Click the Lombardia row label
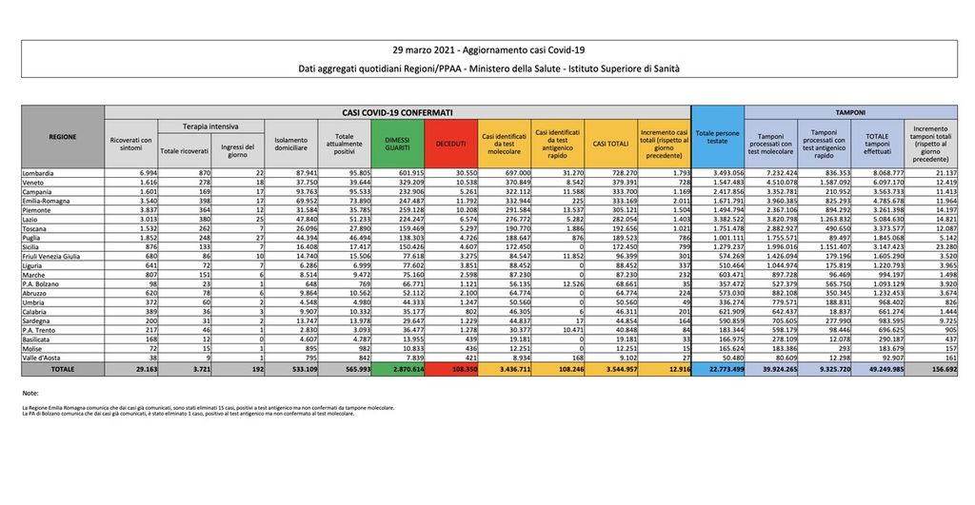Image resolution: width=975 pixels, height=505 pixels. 39,173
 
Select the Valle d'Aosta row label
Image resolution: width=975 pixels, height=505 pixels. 41,357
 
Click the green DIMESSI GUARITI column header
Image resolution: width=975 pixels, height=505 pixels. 398,143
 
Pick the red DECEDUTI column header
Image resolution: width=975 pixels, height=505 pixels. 449,143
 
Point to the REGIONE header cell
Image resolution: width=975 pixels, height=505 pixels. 62,137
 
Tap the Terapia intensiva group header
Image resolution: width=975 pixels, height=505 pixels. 211,126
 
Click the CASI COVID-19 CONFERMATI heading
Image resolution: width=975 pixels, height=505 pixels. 397,111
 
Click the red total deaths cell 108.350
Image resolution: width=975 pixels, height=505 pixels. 449,367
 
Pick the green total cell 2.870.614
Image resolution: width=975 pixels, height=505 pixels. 398,367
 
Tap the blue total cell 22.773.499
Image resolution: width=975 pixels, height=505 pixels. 718,367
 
